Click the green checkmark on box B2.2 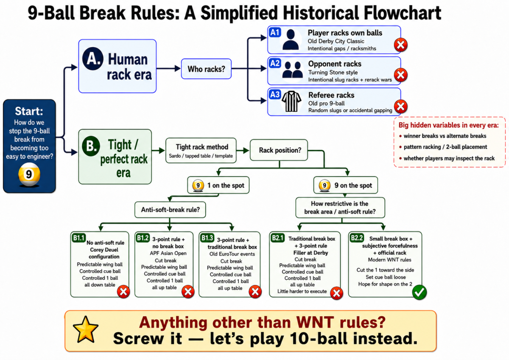pos(419,292)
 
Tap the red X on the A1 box pos(400,45)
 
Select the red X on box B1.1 pos(123,292)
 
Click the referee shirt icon pos(291,101)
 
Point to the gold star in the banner pos(86,329)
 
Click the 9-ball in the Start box pos(29,174)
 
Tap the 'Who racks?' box pos(206,69)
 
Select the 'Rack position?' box pos(279,150)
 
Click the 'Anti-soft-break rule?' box pos(170,210)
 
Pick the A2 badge pos(275,63)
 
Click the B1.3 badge pos(207,238)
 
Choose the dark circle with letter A pos(93,59)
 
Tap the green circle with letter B pos(91,146)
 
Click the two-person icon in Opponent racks pos(292,70)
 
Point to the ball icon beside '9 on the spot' pos(324,186)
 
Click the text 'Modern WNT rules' pos(389,260)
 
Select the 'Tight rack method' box pos(201,150)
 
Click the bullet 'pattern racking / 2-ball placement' pos(443,147)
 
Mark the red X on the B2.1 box pos(336,293)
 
